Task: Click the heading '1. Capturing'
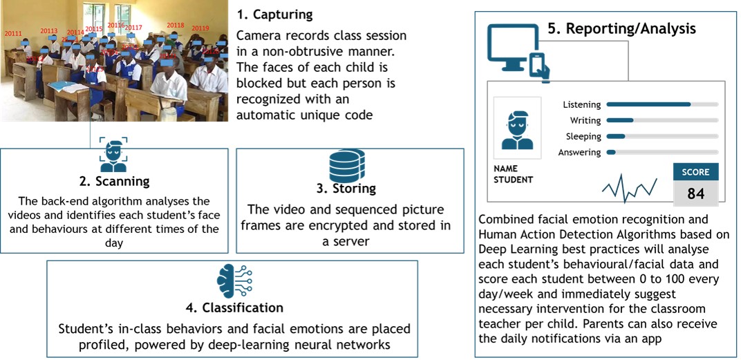tap(274, 14)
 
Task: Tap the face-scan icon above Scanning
tap(113, 155)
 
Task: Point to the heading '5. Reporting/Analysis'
tap(621, 28)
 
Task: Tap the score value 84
tap(695, 193)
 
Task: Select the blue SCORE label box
tap(695, 172)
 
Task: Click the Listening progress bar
tap(662, 104)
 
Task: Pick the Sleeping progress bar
tap(662, 136)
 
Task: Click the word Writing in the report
tap(585, 120)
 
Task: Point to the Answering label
tap(579, 152)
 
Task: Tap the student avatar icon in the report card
tap(517, 129)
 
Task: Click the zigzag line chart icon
tap(629, 187)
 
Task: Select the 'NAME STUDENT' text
tap(513, 174)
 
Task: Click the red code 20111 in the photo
tap(13, 33)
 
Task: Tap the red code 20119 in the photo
tap(200, 28)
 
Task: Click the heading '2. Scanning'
tap(113, 182)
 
